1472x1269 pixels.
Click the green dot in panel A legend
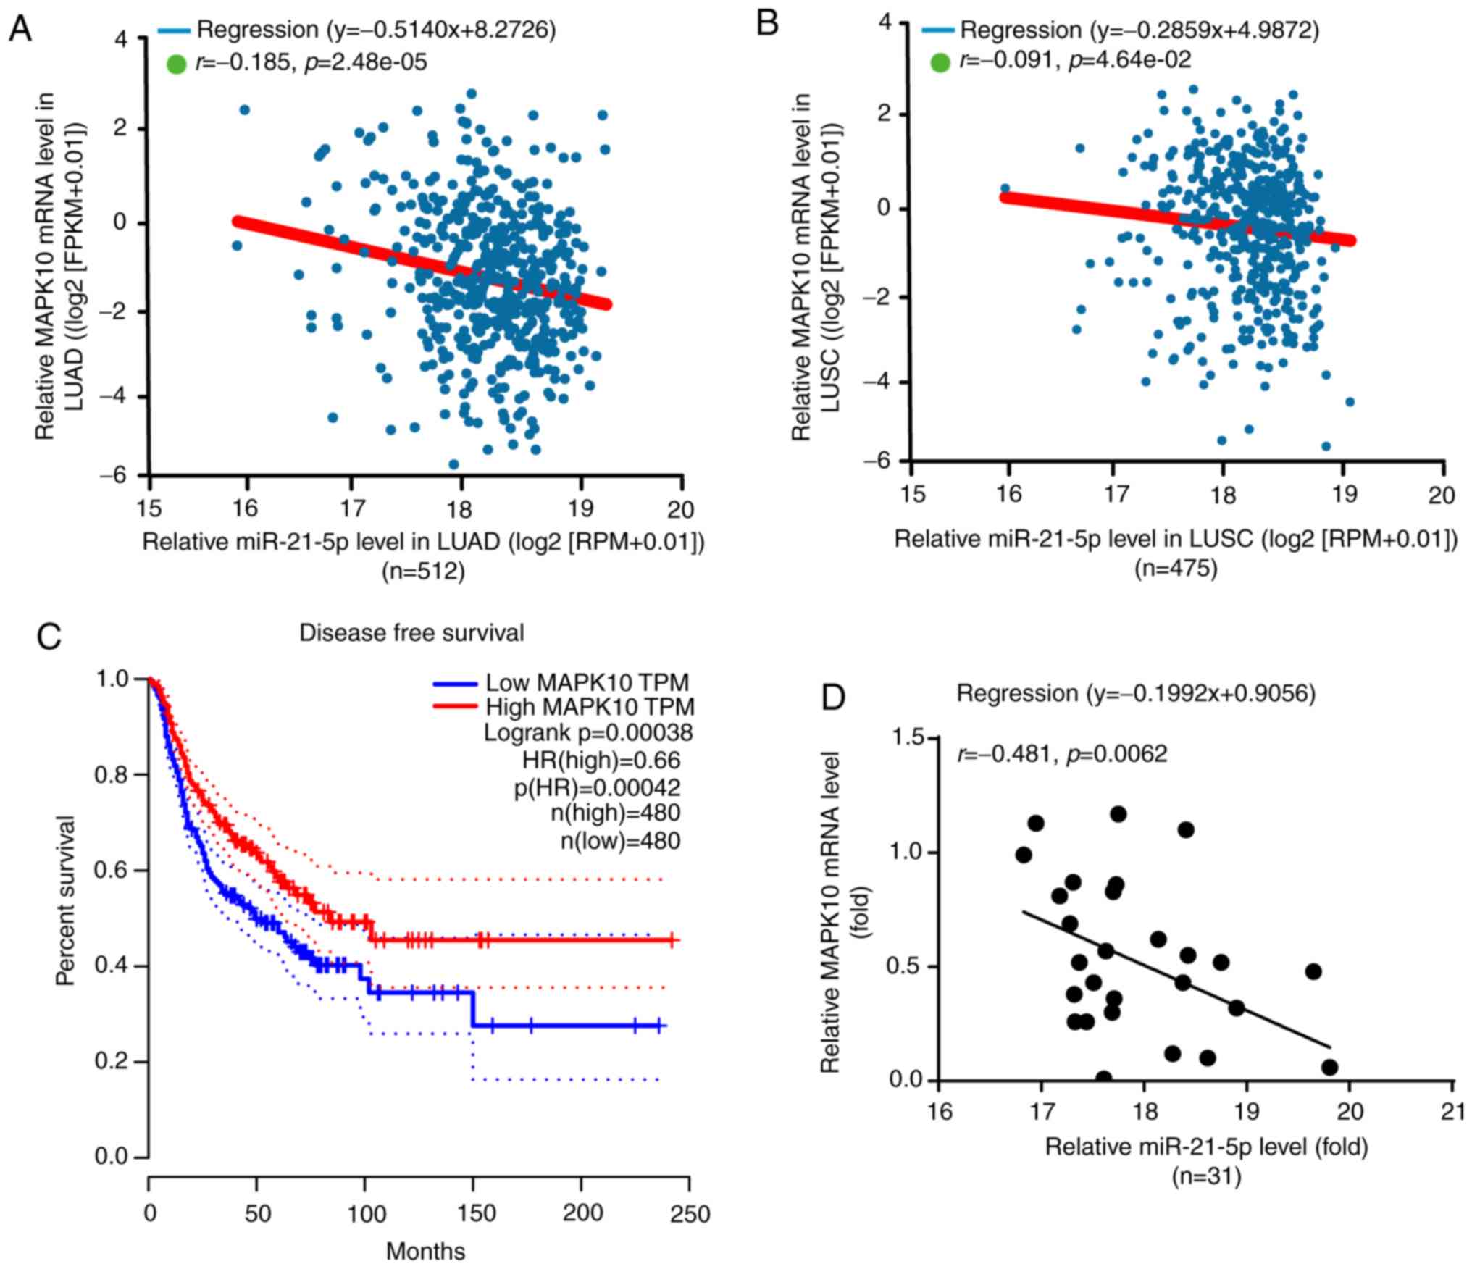(176, 64)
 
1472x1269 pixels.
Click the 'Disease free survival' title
(411, 633)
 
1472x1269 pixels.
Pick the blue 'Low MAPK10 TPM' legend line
(455, 683)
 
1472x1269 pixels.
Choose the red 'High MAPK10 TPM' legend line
(455, 706)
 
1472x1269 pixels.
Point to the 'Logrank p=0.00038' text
(588, 733)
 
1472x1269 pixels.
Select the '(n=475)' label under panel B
(1176, 568)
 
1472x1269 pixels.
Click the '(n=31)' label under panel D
(1206, 1176)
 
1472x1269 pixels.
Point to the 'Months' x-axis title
(425, 1251)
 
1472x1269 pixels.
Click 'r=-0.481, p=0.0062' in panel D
(1062, 754)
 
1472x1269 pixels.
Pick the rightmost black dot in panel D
(1329, 1067)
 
